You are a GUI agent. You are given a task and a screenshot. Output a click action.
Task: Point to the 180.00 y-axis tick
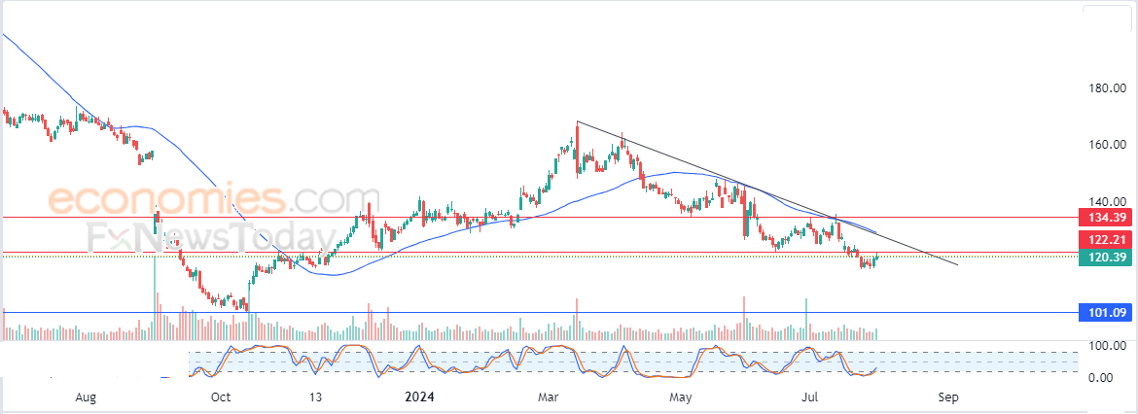[1107, 89]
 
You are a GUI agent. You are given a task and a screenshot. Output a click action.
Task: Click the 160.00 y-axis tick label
[1107, 145]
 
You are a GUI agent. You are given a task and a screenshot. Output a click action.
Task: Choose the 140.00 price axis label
[1107, 200]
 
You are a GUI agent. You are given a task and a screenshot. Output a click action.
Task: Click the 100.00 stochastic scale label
[1107, 346]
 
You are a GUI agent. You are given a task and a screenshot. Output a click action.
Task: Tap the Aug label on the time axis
[86, 397]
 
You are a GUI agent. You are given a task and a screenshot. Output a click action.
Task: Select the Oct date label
[221, 397]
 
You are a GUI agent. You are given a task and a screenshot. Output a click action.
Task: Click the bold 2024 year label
[421, 397]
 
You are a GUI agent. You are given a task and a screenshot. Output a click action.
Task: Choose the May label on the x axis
[681, 397]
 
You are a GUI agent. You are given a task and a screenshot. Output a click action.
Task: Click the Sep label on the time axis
[948, 397]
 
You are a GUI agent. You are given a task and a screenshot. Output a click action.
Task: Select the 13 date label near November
[315, 397]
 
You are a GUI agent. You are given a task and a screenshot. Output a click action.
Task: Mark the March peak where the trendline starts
[577, 121]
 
